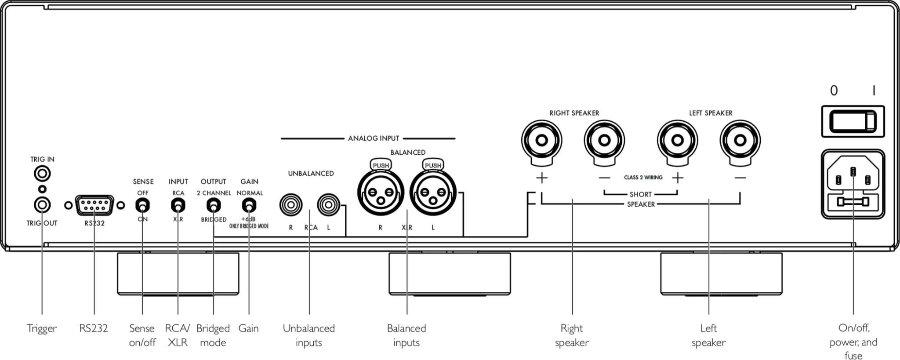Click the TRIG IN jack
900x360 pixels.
pyautogui.click(x=42, y=174)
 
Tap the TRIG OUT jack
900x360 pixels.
pyautogui.click(x=42, y=205)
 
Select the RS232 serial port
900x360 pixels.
pyautogui.click(x=94, y=205)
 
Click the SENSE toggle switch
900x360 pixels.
pyautogui.click(x=142, y=205)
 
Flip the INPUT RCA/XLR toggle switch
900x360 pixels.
pyautogui.click(x=178, y=205)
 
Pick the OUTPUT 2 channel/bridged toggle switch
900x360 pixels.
pyautogui.click(x=214, y=205)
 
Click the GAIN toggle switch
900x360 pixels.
pyautogui.click(x=249, y=205)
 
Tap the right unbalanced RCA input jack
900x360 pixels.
pyautogui.click(x=291, y=205)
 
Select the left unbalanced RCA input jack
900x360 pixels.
pyautogui.click(x=328, y=205)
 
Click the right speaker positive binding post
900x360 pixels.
pyautogui.click(x=541, y=141)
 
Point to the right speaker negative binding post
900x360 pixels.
pyautogui.click(x=604, y=141)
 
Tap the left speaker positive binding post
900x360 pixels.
pyautogui.click(x=677, y=141)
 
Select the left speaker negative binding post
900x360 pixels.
pyautogui.click(x=740, y=141)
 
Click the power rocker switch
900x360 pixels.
pyautogui.click(x=853, y=121)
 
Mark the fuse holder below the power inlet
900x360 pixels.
pyautogui.click(x=853, y=202)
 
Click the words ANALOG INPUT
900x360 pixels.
pyautogui.click(x=374, y=138)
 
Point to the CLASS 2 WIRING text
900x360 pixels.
pyautogui.click(x=643, y=178)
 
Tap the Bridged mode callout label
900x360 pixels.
pyautogui.click(x=213, y=335)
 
